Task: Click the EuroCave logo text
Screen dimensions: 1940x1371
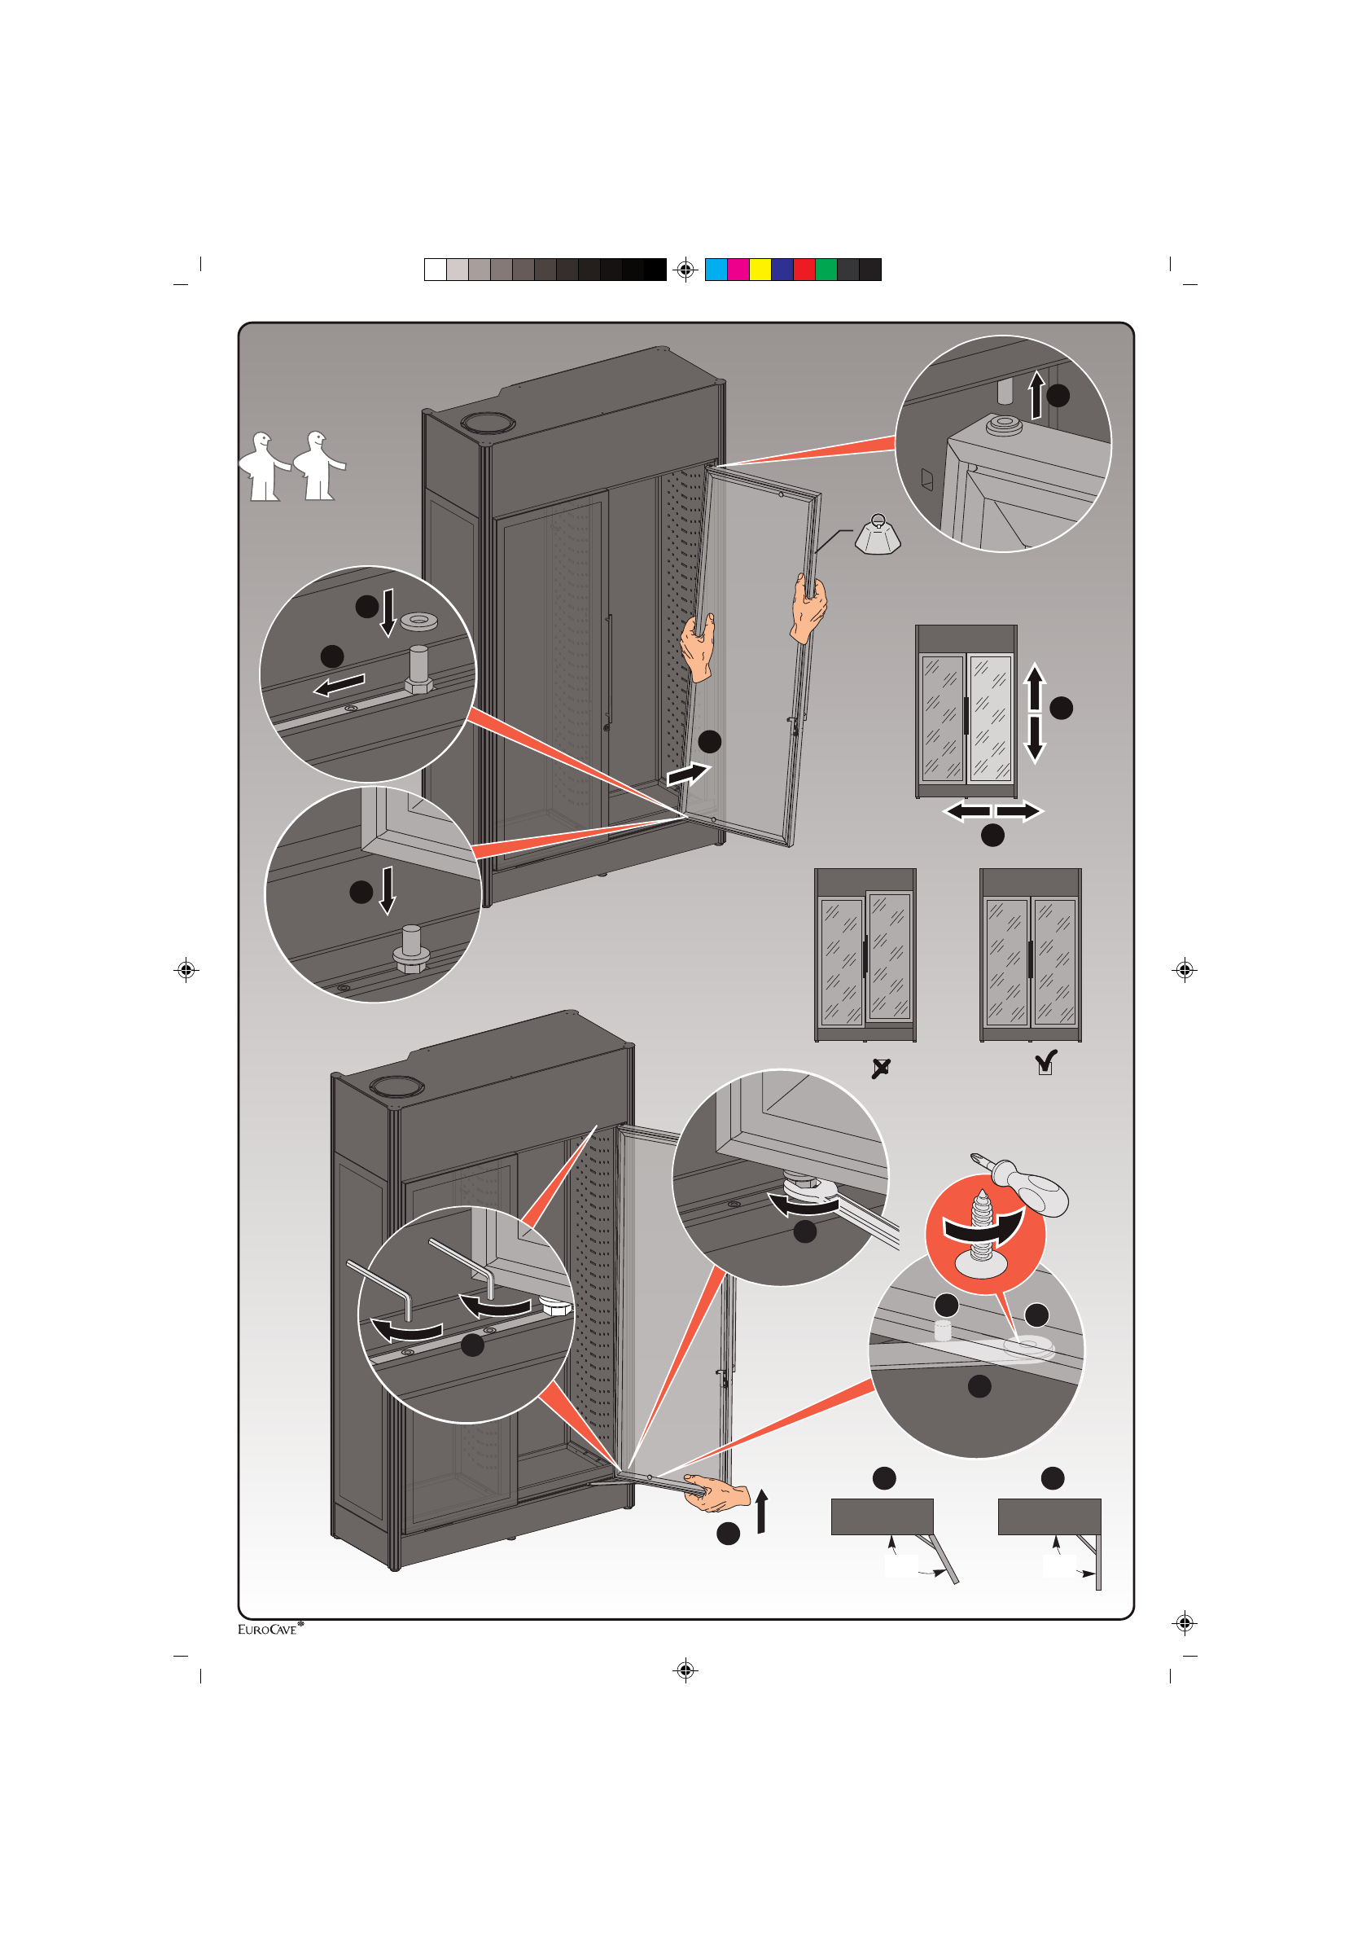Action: point(268,1629)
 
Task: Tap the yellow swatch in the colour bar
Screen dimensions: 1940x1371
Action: point(760,270)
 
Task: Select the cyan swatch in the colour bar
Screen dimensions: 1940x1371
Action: point(716,270)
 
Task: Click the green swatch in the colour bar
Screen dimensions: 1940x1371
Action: point(826,270)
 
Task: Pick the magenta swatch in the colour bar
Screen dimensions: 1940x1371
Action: point(738,270)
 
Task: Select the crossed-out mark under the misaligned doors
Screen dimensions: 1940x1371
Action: point(880,1068)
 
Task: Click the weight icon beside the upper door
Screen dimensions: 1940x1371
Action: point(878,536)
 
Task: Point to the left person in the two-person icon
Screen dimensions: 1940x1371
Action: point(263,467)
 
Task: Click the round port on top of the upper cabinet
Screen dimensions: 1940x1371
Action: point(488,423)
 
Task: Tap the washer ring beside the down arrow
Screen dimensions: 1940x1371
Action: point(419,621)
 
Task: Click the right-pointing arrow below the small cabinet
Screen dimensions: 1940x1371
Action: point(1018,811)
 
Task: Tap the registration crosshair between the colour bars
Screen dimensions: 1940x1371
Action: point(686,270)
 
